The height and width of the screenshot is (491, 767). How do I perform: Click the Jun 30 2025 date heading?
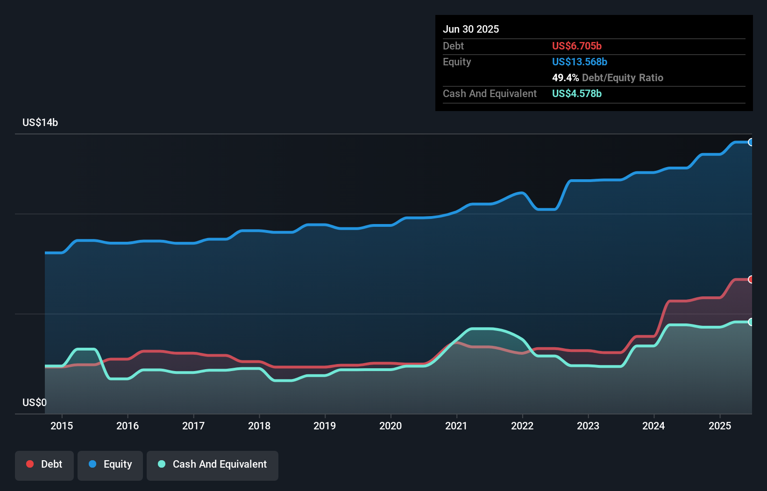471,29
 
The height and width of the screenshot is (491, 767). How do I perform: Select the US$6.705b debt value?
576,46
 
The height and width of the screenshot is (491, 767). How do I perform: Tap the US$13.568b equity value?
579,62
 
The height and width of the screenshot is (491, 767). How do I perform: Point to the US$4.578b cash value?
576,93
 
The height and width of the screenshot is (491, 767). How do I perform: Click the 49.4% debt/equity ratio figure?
565,77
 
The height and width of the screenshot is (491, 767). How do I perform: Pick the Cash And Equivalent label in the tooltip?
490,93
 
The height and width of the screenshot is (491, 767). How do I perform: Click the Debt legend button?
44,464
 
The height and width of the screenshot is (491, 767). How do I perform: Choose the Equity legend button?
110,464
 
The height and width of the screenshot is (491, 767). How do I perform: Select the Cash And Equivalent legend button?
213,464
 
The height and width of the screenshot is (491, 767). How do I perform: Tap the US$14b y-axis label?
40,122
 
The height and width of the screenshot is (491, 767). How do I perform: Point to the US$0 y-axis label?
35,402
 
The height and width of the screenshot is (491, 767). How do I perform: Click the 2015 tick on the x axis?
62,426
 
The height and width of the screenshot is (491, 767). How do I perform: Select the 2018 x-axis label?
259,426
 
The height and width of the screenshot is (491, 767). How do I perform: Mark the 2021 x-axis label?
456,426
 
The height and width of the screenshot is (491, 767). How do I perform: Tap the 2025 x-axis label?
720,426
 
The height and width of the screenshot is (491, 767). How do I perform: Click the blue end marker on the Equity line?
751,142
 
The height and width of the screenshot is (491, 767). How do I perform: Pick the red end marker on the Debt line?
751,280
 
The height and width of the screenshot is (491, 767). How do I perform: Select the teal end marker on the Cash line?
751,322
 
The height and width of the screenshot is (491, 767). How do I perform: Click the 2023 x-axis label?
588,426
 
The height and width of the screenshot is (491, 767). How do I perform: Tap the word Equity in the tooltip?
457,62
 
